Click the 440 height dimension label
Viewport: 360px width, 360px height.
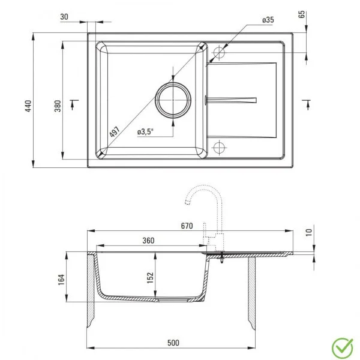coord(26,107)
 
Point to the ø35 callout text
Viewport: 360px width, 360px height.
coord(268,20)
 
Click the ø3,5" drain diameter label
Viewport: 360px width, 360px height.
coord(146,131)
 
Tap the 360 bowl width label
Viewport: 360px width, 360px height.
coord(149,241)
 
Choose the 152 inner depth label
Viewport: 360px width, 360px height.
coord(151,277)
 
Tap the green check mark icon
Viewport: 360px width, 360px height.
coord(343,346)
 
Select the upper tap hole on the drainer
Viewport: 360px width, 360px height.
coord(219,53)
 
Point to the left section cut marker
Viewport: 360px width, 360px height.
coord(74,103)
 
